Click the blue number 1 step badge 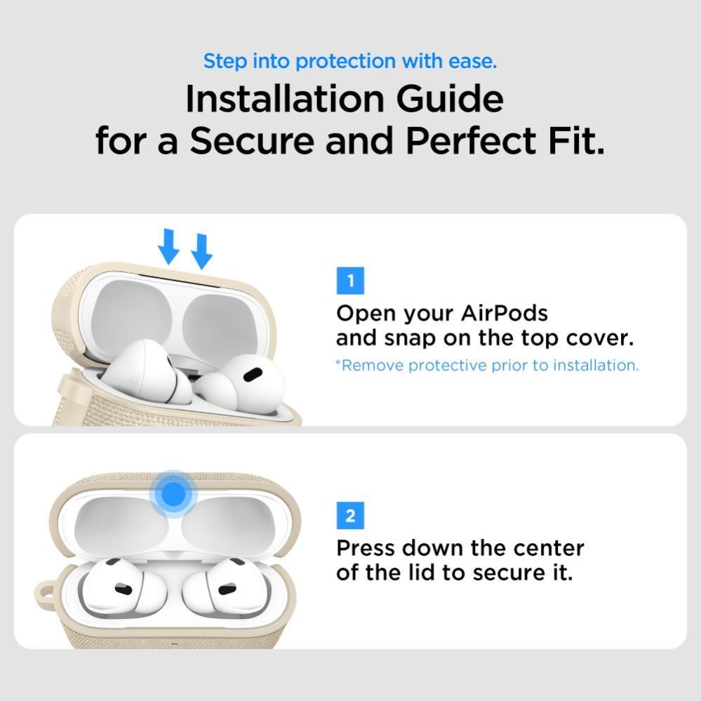(x=350, y=282)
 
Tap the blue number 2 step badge (x=350, y=518)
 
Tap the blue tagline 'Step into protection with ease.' (x=350, y=61)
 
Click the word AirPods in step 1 (x=504, y=313)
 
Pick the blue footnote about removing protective (x=487, y=366)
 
